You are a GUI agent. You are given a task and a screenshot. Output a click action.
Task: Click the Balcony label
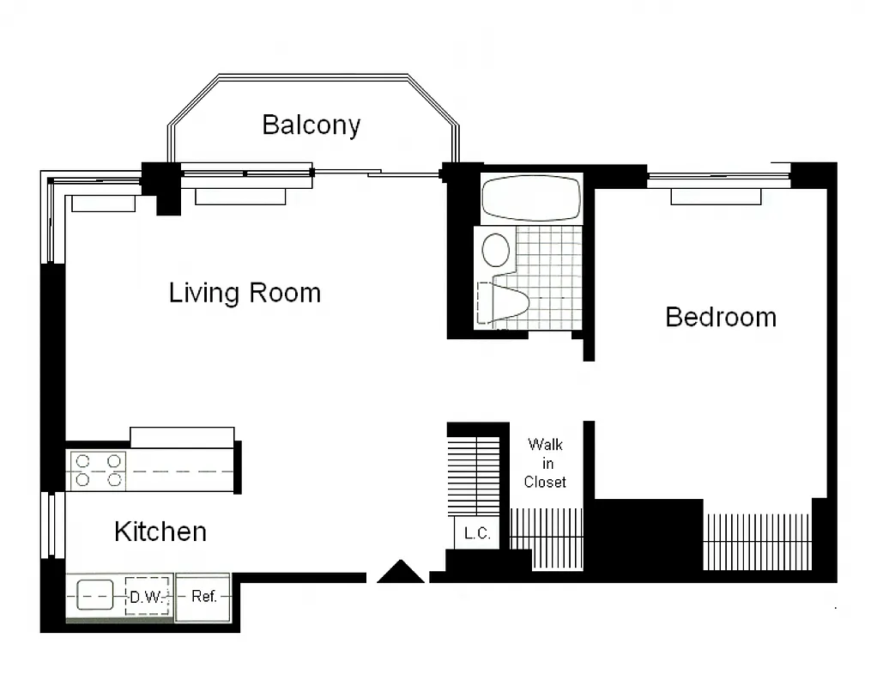click(311, 125)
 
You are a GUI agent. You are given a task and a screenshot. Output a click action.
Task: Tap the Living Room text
click(245, 293)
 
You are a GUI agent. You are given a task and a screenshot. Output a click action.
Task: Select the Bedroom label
click(721, 317)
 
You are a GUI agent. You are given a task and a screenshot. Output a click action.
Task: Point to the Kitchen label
click(160, 532)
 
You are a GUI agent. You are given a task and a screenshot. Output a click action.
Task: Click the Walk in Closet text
click(546, 463)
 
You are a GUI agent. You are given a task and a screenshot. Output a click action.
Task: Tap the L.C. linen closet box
click(477, 533)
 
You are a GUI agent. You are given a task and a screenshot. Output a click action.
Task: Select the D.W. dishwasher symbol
click(147, 596)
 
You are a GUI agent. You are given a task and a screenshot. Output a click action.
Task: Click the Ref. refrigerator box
click(203, 596)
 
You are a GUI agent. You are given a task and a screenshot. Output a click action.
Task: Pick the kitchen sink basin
click(95, 595)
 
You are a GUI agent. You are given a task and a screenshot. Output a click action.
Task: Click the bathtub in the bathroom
click(531, 198)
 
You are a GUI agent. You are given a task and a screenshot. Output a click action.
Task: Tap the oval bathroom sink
click(496, 250)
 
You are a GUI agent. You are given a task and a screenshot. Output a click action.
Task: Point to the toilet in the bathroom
click(506, 304)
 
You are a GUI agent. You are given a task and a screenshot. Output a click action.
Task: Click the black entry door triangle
click(401, 573)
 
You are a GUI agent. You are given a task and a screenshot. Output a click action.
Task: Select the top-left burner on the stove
click(83, 461)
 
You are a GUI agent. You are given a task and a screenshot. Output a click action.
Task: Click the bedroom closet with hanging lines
click(757, 541)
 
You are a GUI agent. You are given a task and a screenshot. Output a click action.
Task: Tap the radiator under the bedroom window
click(716, 197)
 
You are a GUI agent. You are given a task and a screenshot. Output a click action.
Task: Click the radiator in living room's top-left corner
click(103, 204)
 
